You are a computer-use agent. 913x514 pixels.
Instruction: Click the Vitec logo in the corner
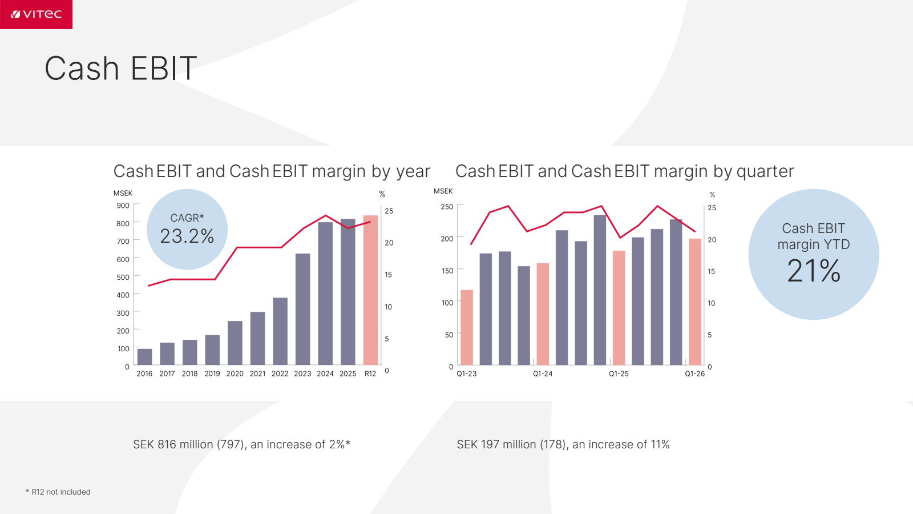pos(36,14)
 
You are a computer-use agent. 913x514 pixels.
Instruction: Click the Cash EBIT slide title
pos(120,68)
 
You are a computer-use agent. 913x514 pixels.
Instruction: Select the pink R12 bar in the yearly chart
pos(370,290)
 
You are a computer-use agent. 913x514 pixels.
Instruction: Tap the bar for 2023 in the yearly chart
pos(303,309)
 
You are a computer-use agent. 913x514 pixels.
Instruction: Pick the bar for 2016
pos(145,357)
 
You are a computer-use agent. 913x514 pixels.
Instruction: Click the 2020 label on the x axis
pos(235,374)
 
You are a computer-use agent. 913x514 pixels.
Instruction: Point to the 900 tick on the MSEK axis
pos(123,206)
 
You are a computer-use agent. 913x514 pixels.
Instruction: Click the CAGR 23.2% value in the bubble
pos(187,236)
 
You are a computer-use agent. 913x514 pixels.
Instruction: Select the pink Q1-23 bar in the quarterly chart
pos(467,328)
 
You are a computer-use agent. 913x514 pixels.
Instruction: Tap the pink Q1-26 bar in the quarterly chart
pos(695,302)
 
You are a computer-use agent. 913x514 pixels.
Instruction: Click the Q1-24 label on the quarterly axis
pos(543,374)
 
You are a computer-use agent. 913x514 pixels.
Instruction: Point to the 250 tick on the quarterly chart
pos(447,207)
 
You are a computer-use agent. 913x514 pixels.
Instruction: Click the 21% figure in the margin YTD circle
pos(814,271)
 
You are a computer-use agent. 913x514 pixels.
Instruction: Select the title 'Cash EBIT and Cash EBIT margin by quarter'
pos(624,171)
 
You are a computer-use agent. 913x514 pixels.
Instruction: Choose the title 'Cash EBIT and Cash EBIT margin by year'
pos(272,171)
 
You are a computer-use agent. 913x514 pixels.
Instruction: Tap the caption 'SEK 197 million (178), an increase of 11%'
pos(563,444)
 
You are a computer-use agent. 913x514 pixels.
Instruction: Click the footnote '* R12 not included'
pos(58,492)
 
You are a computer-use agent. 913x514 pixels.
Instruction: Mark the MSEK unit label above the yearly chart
pos(123,194)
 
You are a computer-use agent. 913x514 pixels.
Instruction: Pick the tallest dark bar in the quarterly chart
pos(600,290)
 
